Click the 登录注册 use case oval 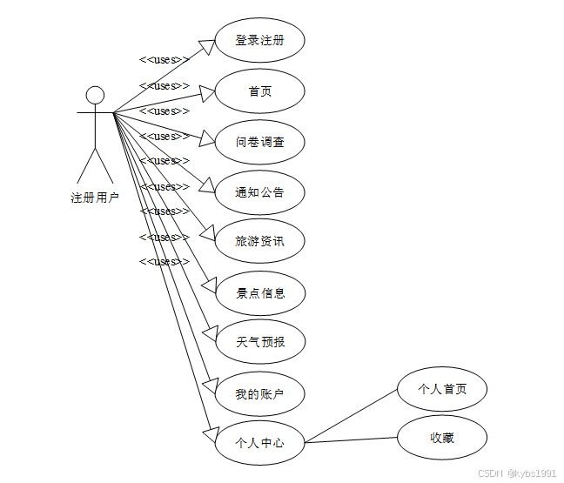coord(259,40)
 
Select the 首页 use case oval coord(259,91)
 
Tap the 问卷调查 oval coord(259,142)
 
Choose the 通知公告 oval coord(259,192)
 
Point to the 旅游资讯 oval coord(259,241)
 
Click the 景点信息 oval coord(259,292)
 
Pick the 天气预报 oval coord(259,342)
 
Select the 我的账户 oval coord(259,394)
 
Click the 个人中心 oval coord(259,442)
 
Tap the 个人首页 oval coord(442,389)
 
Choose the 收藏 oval coord(442,438)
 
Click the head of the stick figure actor coord(95,94)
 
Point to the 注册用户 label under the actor coord(95,198)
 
